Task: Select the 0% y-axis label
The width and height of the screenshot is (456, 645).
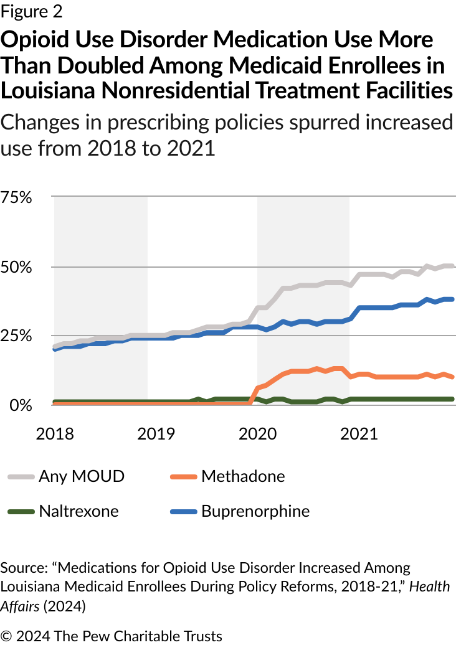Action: pyautogui.click(x=20, y=405)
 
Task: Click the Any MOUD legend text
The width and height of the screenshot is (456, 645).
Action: pyautogui.click(x=82, y=477)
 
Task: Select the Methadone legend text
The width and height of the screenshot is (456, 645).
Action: pyautogui.click(x=243, y=477)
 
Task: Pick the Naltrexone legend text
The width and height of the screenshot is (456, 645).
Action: pyautogui.click(x=78, y=512)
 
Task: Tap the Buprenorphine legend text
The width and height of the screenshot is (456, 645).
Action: pyautogui.click(x=255, y=512)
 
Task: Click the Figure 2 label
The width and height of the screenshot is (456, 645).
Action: pyautogui.click(x=31, y=11)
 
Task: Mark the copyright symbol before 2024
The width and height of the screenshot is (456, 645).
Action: pyautogui.click(x=7, y=636)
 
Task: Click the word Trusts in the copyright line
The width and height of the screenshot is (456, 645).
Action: pyautogui.click(x=201, y=636)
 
